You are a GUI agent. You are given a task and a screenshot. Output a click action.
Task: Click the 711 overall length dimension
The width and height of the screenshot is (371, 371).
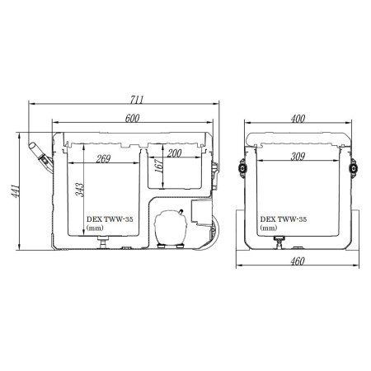[137, 100]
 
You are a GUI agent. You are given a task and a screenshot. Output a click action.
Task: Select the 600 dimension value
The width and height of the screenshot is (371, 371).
[133, 118]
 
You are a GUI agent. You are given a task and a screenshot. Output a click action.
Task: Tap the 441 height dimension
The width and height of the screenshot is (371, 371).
[15, 190]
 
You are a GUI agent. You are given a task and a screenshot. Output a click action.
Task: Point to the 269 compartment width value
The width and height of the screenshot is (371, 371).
[103, 158]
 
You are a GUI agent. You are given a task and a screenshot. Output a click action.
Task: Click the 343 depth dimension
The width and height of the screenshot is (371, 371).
[79, 190]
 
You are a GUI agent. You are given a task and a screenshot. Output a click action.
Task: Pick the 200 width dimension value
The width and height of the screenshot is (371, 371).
[174, 153]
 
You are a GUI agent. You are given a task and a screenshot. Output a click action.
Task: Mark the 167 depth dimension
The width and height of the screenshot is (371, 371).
[158, 166]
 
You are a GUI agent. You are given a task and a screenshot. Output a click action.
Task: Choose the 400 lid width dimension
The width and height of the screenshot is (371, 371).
[298, 119]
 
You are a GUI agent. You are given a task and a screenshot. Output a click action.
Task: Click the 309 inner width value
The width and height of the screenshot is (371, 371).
[298, 157]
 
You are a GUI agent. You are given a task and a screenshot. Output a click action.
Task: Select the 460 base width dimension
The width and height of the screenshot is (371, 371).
[298, 261]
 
